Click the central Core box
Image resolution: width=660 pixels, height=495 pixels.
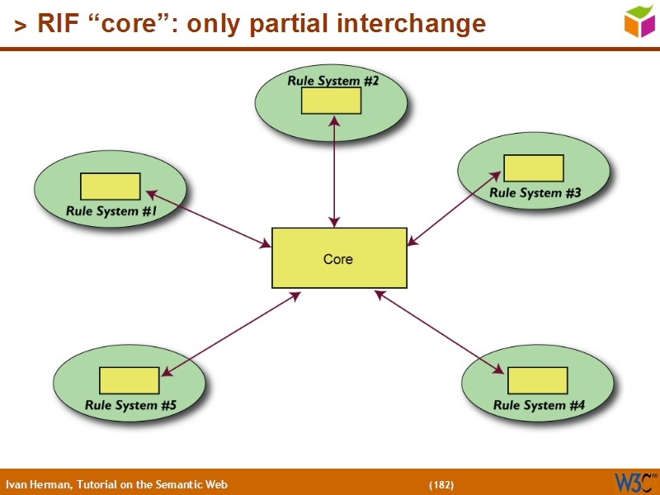[339, 258]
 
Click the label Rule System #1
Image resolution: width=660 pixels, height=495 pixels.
[111, 211]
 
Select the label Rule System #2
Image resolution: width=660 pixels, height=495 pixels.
[332, 81]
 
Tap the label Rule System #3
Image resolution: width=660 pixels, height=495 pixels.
[535, 193]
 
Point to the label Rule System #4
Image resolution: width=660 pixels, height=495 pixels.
[539, 405]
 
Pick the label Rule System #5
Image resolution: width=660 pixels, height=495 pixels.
[130, 405]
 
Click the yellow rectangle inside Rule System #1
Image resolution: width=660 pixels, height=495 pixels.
[110, 186]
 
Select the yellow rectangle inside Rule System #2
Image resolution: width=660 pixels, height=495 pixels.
[331, 101]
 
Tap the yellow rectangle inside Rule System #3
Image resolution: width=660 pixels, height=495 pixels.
[533, 168]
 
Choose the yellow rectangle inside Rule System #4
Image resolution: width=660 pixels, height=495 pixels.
[537, 380]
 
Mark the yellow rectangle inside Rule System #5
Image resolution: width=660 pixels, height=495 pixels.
[129, 380]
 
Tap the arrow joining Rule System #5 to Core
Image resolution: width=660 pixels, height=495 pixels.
[230, 334]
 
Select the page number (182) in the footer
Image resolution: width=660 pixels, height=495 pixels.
[441, 484]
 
